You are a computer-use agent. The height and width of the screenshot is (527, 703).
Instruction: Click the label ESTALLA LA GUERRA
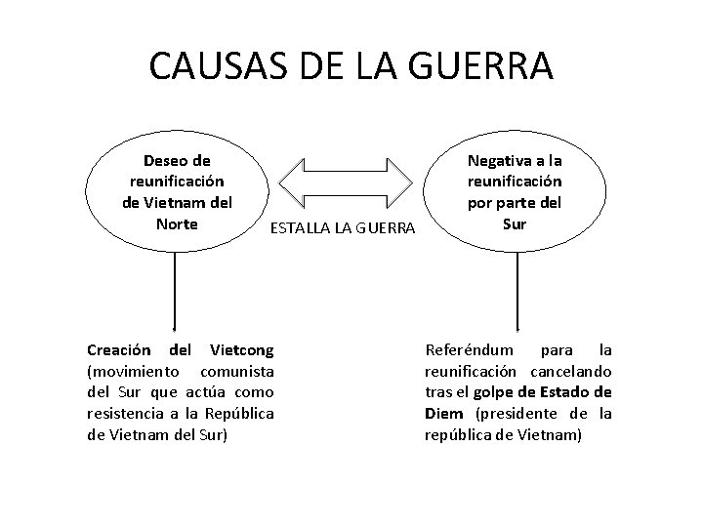343,228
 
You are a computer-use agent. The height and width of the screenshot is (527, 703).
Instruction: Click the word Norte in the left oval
176,223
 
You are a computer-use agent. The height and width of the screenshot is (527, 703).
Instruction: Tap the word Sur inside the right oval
515,223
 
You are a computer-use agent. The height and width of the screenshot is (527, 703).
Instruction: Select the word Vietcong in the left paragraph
239,349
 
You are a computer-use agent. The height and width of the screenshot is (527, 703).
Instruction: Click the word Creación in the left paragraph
118,349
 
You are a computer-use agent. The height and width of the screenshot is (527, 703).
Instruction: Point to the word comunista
236,371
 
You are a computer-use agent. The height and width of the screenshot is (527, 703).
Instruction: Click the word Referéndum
467,349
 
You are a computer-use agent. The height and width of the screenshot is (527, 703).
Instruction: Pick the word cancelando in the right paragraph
571,371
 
